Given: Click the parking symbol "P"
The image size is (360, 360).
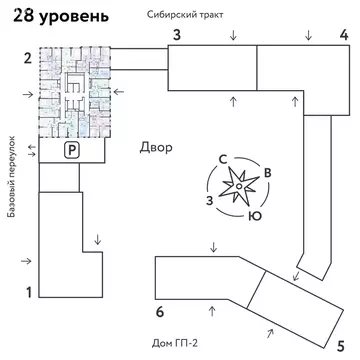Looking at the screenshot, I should click(71, 150).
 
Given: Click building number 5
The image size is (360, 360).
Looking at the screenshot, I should click(341, 321).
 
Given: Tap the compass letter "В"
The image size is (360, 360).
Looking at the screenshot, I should click(267, 172).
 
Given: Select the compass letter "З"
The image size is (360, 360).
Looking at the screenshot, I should click(208, 200).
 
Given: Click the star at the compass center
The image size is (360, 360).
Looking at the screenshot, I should click(241, 186).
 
